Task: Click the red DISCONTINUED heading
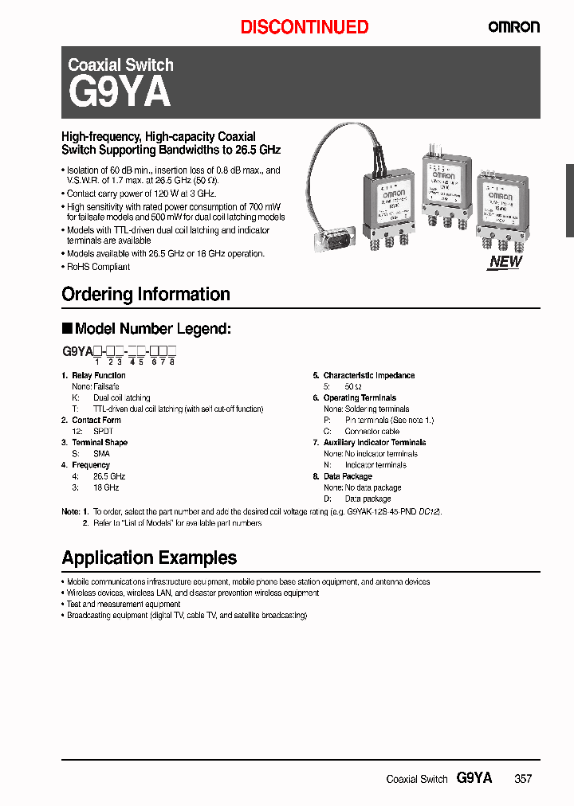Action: [305, 27]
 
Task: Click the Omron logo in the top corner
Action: [513, 26]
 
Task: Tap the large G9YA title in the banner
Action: [120, 93]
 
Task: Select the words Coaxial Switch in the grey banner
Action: [120, 65]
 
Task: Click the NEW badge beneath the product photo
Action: [505, 262]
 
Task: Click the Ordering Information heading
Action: [146, 295]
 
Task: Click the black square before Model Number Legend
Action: [67, 328]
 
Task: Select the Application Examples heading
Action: [149, 558]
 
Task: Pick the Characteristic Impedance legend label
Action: [368, 375]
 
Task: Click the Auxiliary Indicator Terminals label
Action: [374, 442]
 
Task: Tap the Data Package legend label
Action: [348, 476]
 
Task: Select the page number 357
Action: [523, 779]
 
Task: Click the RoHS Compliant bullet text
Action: [98, 267]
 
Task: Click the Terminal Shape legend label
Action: [99, 442]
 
